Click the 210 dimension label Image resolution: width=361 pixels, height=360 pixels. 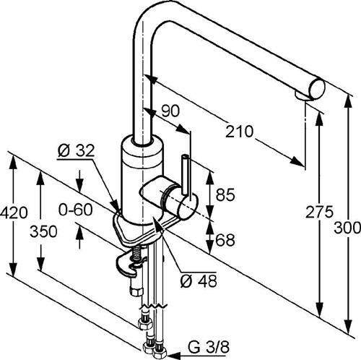239,132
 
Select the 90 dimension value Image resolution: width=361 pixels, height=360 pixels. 170,111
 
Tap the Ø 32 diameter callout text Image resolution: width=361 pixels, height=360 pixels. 76,151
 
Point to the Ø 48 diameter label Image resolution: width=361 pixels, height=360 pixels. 199,280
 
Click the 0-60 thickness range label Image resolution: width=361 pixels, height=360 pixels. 75,210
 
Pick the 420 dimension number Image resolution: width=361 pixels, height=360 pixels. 14,213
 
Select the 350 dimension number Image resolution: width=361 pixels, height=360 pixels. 43,231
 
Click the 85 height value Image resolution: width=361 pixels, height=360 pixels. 225,194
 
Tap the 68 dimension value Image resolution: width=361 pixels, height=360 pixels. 225,240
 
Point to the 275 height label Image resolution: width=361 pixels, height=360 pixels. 319,213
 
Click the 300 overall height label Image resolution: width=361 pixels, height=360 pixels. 347,228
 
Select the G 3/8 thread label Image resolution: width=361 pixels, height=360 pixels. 209,347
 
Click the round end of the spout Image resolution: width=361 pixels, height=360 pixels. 317,89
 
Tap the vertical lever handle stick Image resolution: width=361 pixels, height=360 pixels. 186,174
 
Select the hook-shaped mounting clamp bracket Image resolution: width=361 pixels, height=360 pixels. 129,265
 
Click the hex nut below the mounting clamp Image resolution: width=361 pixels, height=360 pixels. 136,292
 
